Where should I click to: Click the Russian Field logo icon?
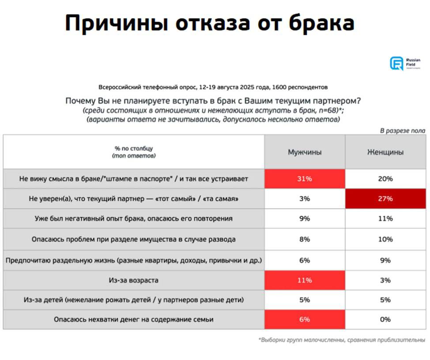[x=396, y=63]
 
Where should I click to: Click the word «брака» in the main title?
[x=321, y=23]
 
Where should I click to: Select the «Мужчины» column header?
[x=305, y=152]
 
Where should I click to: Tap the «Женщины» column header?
[x=385, y=152]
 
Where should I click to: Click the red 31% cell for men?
[x=305, y=179]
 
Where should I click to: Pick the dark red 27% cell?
[x=385, y=199]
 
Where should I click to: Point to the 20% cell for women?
[x=385, y=179]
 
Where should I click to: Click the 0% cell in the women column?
[x=385, y=319]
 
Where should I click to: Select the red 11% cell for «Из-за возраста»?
[x=305, y=280]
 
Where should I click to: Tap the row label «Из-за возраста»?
[x=134, y=280]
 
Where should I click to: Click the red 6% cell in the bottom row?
[x=305, y=319]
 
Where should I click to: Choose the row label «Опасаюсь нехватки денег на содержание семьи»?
[x=134, y=319]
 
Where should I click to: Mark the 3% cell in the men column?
[x=305, y=199]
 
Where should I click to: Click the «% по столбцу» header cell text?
[x=134, y=149]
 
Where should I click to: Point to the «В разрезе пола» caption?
[x=402, y=131]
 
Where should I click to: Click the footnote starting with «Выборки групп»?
[x=342, y=340]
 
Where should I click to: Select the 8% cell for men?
[x=305, y=239]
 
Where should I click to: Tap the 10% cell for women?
[x=385, y=239]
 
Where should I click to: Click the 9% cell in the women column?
[x=385, y=260]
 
